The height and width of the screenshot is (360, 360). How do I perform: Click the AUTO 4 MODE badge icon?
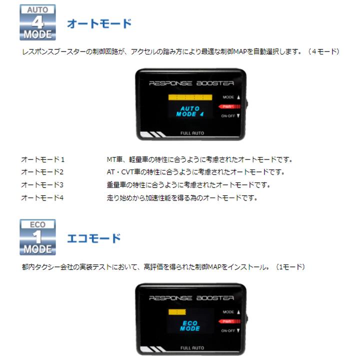[38, 22]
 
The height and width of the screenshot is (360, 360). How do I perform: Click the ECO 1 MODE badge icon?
[38, 237]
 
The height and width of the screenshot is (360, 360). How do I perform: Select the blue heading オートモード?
[99, 23]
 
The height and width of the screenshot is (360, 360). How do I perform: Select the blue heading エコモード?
[94, 238]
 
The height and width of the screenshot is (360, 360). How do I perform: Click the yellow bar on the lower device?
[177, 311]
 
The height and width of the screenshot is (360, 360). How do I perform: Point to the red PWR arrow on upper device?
[227, 106]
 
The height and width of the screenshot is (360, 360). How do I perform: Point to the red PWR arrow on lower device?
[227, 321]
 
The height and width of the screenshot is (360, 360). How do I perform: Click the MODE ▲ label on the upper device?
[230, 97]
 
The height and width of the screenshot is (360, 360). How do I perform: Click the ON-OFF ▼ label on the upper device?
[230, 116]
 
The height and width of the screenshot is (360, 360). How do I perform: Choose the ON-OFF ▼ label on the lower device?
[230, 330]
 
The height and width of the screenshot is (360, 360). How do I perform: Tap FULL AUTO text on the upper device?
[192, 133]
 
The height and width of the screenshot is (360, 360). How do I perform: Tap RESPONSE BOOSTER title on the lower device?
[191, 298]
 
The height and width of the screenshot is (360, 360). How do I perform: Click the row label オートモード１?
[43, 159]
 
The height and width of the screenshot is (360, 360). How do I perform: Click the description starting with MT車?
[199, 159]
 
